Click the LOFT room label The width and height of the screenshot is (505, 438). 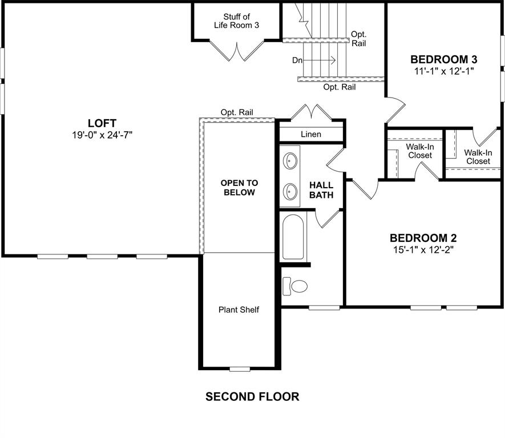(102, 123)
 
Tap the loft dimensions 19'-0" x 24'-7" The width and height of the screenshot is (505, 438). (102, 135)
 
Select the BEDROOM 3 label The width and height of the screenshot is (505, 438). (444, 59)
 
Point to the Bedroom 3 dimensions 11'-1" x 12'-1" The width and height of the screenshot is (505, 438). (444, 71)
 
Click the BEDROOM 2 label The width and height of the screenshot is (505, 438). (423, 238)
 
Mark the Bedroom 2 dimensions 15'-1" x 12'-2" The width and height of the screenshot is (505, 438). (423, 249)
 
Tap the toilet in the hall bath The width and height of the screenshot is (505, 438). (295, 285)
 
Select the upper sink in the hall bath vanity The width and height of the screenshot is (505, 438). (290, 161)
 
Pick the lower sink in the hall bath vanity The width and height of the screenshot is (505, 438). (290, 191)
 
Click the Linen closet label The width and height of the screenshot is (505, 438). (311, 135)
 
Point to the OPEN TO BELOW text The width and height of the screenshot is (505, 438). (239, 188)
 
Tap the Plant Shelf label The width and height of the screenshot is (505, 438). (239, 310)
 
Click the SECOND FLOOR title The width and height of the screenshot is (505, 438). (252, 396)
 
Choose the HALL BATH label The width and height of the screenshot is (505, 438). (321, 190)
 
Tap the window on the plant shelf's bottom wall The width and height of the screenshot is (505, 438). (240, 369)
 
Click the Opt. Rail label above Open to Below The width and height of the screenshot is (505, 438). (237, 112)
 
